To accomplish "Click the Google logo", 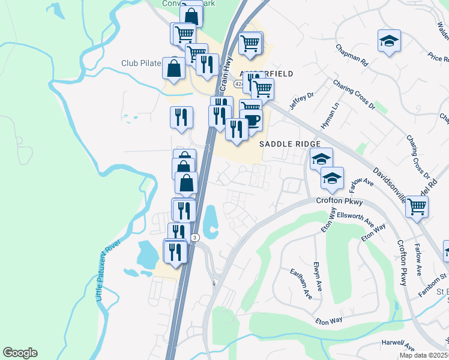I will pyautogui.click(x=20, y=353).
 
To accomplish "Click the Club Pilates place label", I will pyautogui.click(x=141, y=63).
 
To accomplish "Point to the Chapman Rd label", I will pyautogui.click(x=351, y=55).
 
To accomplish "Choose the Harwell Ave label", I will pyautogui.click(x=398, y=347).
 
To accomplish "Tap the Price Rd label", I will pyautogui.click(x=439, y=58).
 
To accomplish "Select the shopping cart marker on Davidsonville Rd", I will pyautogui.click(x=417, y=208).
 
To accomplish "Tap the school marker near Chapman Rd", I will pyautogui.click(x=389, y=41).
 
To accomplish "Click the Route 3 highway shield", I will pyautogui.click(x=195, y=238).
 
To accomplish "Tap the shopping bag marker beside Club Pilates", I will pyautogui.click(x=173, y=68).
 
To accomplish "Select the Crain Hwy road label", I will pyautogui.click(x=226, y=78).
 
